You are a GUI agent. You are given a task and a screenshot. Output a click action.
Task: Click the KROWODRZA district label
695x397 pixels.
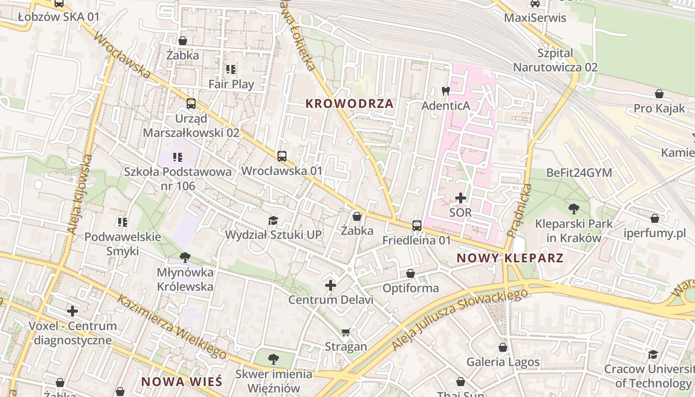click(x=349, y=104)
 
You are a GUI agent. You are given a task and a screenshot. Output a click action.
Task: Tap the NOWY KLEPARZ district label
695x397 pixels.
click(x=510, y=258)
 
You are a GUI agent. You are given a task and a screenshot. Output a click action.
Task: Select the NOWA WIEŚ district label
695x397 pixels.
click(x=182, y=382)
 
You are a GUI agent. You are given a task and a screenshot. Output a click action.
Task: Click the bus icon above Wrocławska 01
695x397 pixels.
click(x=282, y=156)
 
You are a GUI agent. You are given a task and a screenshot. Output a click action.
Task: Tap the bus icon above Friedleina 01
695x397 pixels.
click(x=417, y=226)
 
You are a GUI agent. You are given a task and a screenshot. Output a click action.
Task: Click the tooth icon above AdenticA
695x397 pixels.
click(x=445, y=91)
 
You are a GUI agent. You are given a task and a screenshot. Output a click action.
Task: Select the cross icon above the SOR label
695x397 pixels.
click(x=461, y=198)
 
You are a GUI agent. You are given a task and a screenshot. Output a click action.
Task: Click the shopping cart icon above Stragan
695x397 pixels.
click(x=346, y=332)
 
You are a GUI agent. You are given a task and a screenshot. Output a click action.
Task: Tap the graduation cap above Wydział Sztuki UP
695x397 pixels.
click(x=273, y=220)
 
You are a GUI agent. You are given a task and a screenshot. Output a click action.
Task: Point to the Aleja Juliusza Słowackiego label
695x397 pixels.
click(x=459, y=320)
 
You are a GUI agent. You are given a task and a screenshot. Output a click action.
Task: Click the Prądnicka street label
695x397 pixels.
click(x=519, y=210)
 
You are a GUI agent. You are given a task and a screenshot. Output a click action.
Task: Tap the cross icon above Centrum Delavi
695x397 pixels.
click(x=331, y=285)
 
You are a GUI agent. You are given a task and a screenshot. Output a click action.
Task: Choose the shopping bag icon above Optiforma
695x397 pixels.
click(x=411, y=273)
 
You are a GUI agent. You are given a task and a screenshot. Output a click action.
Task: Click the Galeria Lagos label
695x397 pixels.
click(x=503, y=362)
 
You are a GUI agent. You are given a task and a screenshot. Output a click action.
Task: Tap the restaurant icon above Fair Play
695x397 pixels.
click(x=231, y=69)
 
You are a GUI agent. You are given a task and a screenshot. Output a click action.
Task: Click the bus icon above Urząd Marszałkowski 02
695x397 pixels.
click(x=191, y=104)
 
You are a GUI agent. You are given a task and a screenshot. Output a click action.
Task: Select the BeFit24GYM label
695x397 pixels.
click(x=579, y=173)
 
